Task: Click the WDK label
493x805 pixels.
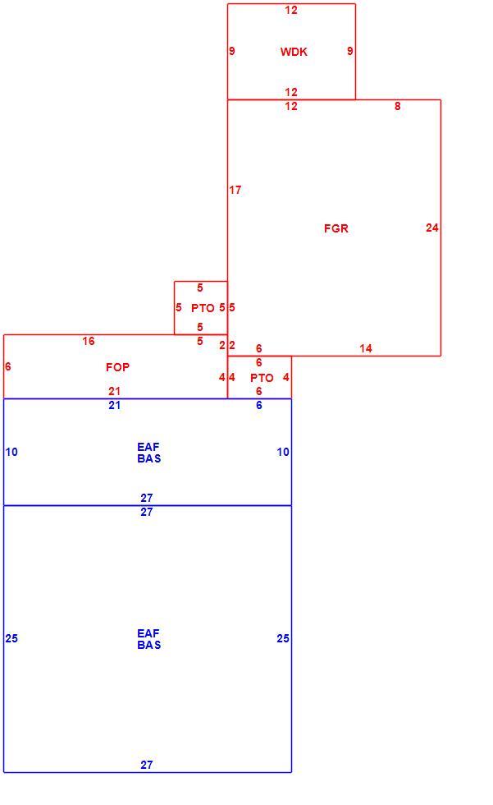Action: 294,51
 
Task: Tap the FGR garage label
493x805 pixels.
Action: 336,228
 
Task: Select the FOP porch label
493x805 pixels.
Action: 118,367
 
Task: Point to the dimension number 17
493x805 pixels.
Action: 235,190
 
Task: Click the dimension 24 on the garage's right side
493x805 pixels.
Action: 432,228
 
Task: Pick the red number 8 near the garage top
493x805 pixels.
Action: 398,106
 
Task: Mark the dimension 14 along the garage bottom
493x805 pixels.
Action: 366,348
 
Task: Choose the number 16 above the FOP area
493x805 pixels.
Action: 89,341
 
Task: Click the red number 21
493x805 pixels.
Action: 114,391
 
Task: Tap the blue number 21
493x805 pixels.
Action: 114,405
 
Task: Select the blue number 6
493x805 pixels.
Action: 258,405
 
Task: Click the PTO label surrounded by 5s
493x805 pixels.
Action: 203,308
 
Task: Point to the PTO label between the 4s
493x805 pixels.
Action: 262,378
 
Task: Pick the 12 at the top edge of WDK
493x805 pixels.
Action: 291,10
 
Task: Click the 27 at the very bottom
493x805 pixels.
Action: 147,765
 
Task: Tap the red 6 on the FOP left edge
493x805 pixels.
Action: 7,366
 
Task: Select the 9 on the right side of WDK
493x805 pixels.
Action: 350,51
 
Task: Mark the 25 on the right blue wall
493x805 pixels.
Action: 283,638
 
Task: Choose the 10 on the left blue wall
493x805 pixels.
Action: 11,452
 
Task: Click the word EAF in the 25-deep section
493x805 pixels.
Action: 148,633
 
